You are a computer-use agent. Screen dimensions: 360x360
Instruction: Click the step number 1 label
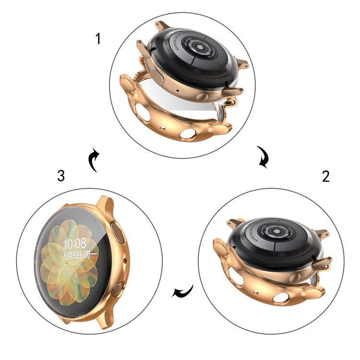(98, 38)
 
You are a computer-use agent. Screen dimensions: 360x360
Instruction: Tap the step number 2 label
(326, 176)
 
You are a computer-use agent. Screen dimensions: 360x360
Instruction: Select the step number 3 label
(60, 176)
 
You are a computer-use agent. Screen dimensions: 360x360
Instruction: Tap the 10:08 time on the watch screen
(74, 243)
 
